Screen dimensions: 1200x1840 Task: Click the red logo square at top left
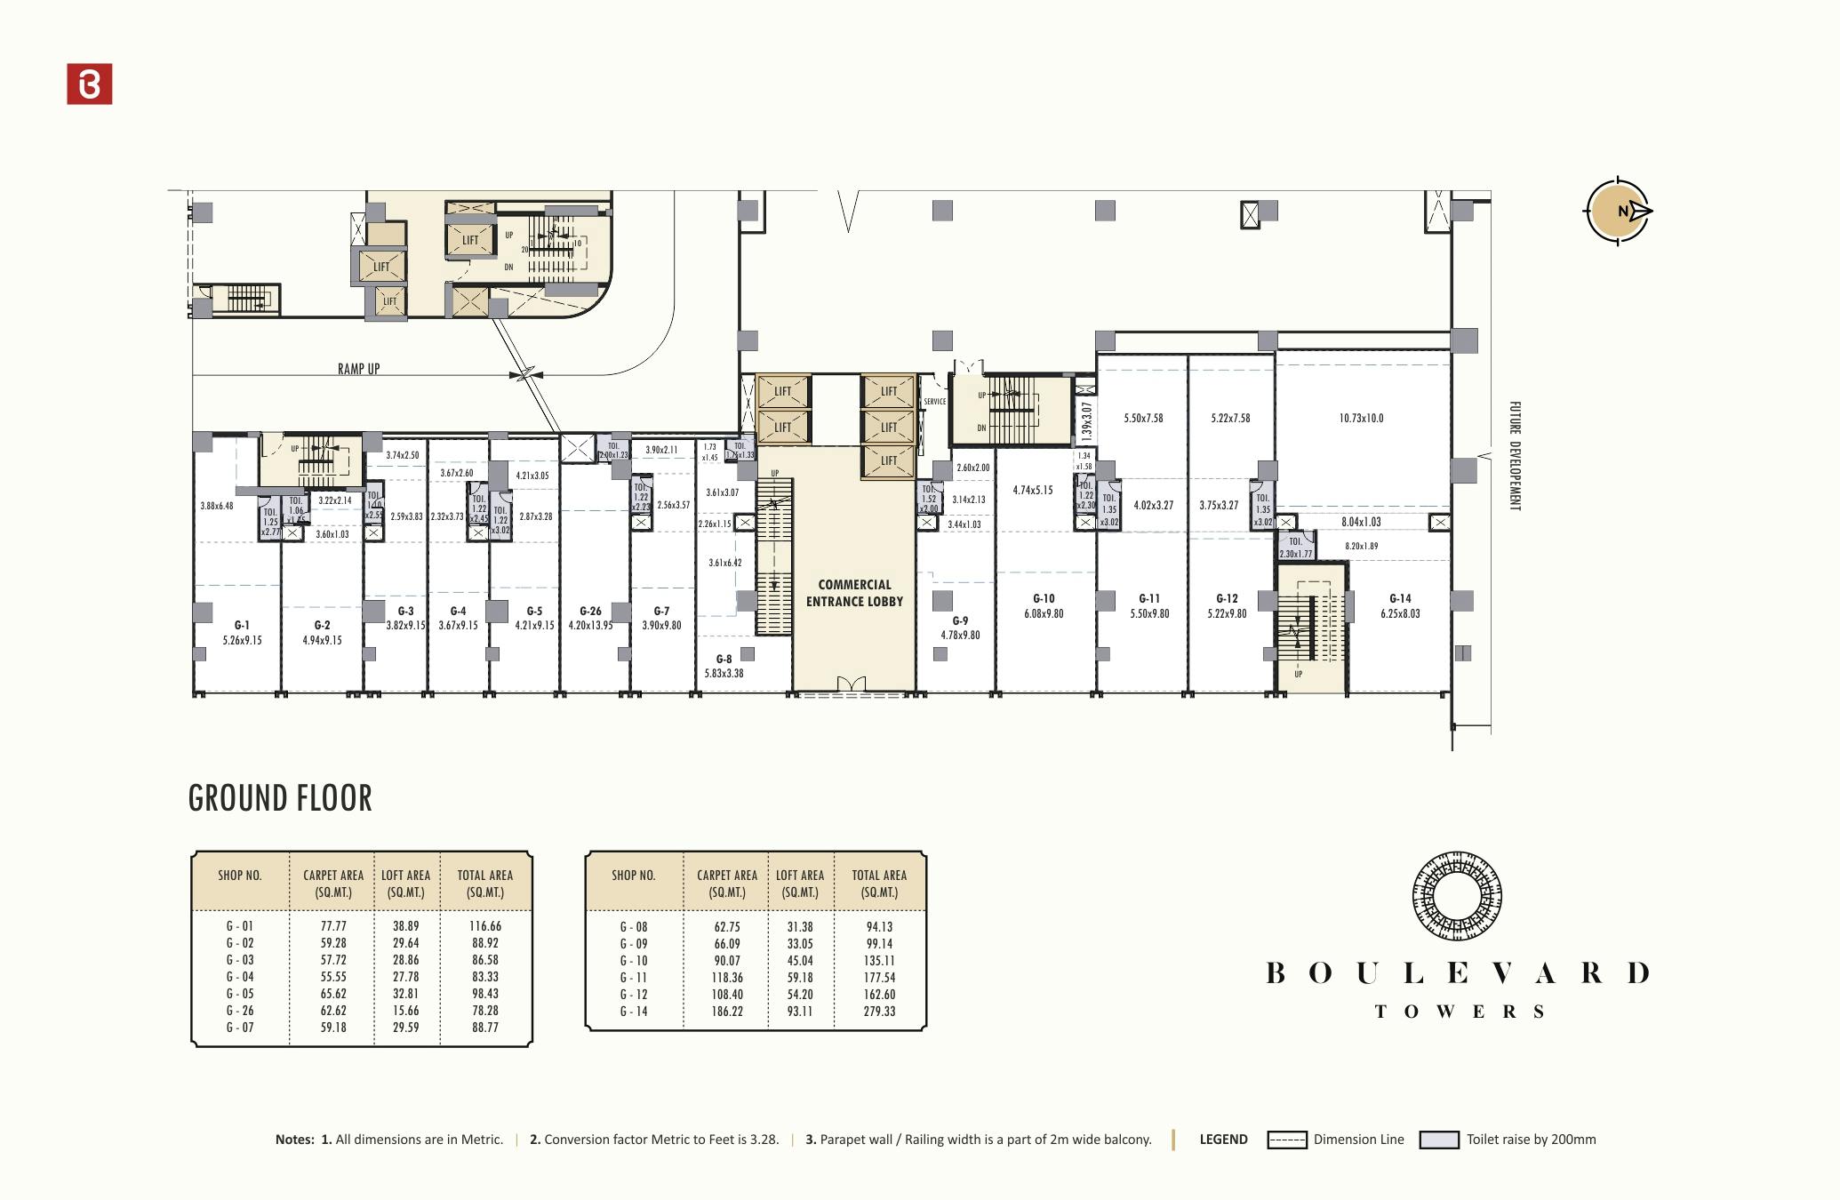90,84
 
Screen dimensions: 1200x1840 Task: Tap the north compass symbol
1618,211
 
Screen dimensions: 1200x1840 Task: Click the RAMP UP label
358,369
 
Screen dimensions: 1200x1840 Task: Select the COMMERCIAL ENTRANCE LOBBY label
854,593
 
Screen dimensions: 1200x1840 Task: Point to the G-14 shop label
1400,599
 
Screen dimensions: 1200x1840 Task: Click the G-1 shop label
242,626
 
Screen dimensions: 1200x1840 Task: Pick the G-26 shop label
590,612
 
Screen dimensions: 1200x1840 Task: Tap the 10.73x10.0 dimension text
1361,418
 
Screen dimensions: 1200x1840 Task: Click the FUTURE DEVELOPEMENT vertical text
1515,455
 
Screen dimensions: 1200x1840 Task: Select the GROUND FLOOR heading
280,798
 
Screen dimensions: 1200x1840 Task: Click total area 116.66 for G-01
485,926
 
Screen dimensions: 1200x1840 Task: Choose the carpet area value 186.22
727,1012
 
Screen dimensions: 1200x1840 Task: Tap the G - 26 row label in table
240,1011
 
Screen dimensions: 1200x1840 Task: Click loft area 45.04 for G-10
800,961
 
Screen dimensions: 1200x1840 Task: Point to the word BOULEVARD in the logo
1458,973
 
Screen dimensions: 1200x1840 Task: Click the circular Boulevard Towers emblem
1457,896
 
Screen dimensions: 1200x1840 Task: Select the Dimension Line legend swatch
1286,1140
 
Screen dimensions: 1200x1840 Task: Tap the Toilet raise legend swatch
1439,1140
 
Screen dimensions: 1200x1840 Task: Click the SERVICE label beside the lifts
934,402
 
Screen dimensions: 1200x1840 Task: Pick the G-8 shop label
724,660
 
